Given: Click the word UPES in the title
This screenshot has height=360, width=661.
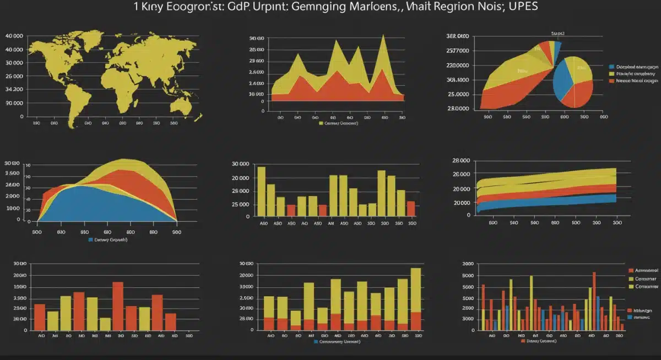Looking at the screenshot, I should pos(523,7).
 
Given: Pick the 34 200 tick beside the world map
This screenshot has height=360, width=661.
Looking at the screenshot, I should pos(14,89).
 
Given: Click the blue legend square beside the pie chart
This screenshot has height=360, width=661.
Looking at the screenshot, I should pos(611,65).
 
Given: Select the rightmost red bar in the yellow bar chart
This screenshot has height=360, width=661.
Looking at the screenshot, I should pos(410,209).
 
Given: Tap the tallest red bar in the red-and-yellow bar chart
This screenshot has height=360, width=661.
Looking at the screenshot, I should pos(118,306).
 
